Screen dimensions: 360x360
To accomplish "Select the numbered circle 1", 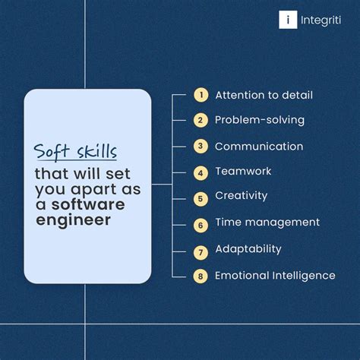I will tap(201, 95).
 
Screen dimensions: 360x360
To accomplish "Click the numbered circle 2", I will tap(201, 120).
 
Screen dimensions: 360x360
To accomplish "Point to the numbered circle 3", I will tap(201, 147).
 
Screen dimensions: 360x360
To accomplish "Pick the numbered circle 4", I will tap(201, 172).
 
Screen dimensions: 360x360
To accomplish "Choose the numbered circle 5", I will tap(201, 198).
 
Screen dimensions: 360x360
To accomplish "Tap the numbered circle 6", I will tap(201, 225).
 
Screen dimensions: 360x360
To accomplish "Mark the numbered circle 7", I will tap(201, 251).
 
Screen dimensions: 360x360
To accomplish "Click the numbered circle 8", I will tap(201, 276).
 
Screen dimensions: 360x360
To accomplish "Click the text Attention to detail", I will tap(264, 95).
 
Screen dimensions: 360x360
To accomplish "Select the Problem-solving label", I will tap(259, 120).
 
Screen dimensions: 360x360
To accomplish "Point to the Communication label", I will tap(259, 147).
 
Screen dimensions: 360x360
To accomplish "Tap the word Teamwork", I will tap(243, 172).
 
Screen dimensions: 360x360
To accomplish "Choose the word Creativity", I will tap(242, 196).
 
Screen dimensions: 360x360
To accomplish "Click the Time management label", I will tap(267, 223).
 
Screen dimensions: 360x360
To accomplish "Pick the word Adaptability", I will tap(248, 249).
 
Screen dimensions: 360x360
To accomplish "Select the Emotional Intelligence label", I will tap(275, 276).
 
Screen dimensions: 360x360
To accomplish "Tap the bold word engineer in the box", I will tap(73, 220).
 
